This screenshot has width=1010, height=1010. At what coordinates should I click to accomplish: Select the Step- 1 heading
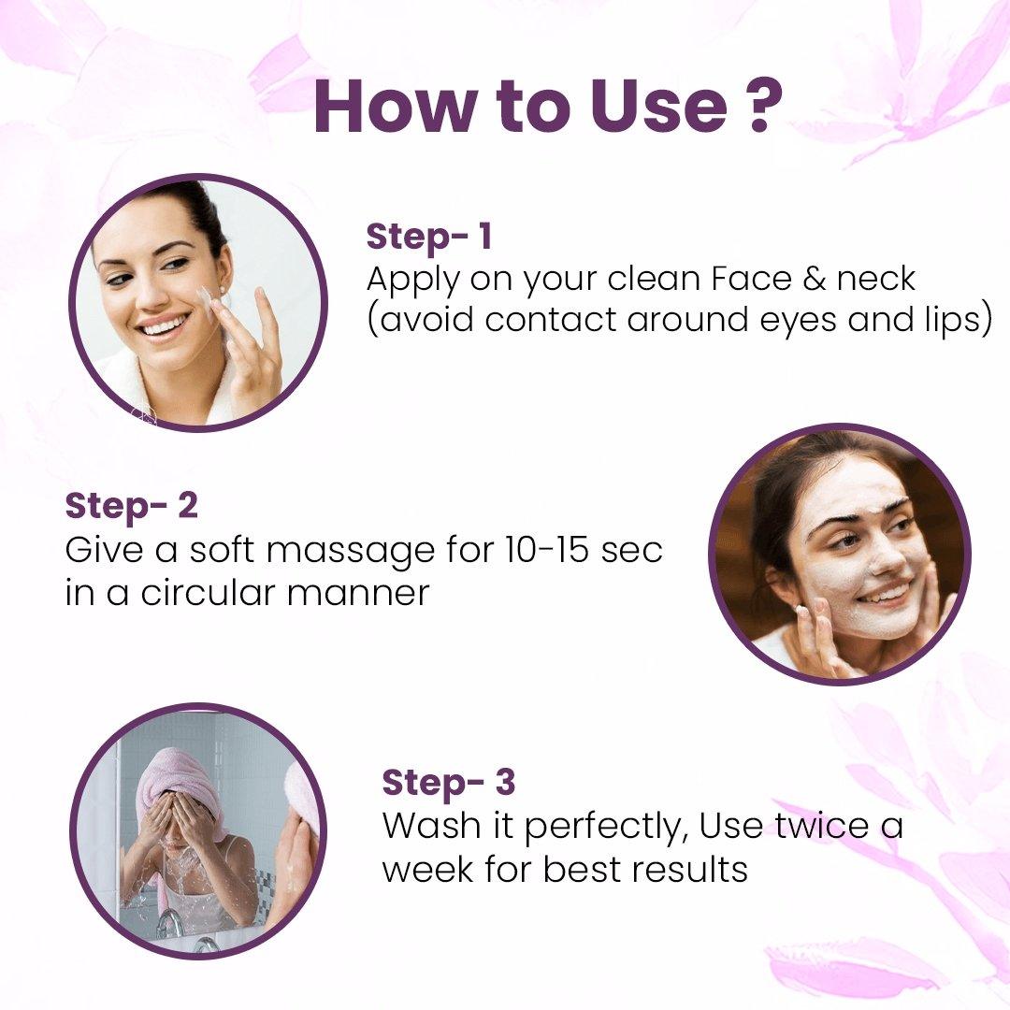[x=429, y=237]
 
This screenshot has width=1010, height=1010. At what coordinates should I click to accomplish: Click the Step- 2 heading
[x=132, y=506]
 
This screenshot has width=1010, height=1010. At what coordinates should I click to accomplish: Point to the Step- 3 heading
[x=449, y=782]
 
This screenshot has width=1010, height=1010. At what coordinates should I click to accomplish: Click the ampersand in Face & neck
[x=815, y=279]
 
